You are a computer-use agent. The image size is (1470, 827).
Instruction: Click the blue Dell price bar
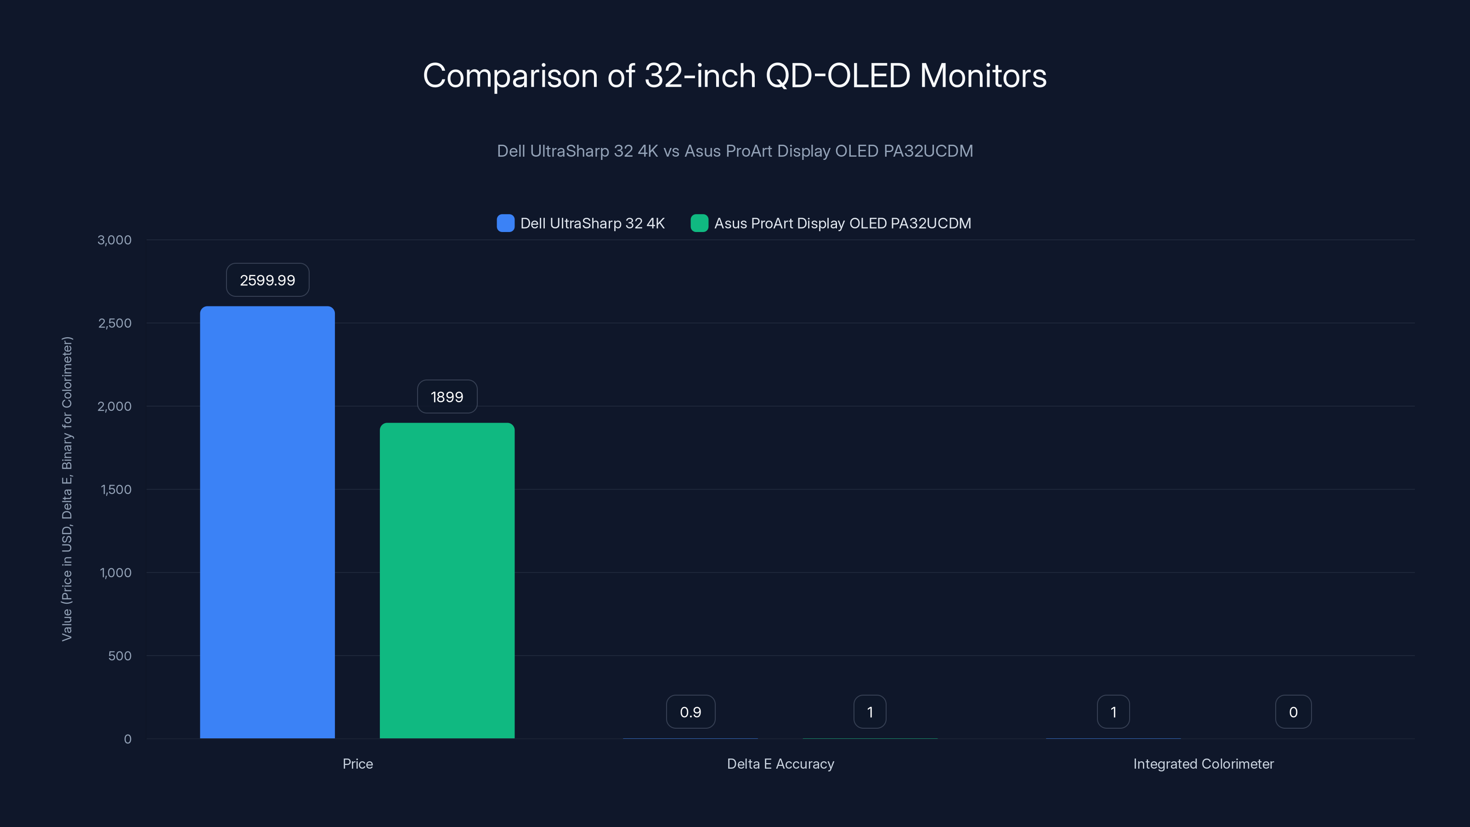coord(267,522)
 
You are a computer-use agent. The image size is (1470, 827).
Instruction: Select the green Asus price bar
coord(447,580)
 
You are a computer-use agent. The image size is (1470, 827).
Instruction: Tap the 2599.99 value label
coord(267,280)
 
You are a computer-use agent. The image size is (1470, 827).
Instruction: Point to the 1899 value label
coord(447,397)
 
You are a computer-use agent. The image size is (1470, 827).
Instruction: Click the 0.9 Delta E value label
coord(690,712)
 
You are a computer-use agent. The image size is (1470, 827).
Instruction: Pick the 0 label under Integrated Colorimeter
coord(1293,712)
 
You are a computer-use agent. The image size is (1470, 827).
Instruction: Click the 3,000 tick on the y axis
coord(115,240)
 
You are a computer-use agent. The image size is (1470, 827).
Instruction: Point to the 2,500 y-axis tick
coord(115,323)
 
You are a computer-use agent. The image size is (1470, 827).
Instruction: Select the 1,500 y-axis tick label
coord(116,489)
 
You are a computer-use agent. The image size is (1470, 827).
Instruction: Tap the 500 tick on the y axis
coord(120,656)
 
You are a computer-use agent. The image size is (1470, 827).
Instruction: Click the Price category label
coord(358,764)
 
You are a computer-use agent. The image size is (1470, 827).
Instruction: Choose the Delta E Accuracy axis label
coord(780,764)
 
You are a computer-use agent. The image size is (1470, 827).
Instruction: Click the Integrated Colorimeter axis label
coord(1203,764)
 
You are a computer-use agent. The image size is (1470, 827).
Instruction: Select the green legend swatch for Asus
coord(699,223)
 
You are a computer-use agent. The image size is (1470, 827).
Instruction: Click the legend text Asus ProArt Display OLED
coord(842,223)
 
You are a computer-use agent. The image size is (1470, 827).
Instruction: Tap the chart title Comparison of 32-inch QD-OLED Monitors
coord(735,75)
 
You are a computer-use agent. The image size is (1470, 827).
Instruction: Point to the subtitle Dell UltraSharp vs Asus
coord(735,151)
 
